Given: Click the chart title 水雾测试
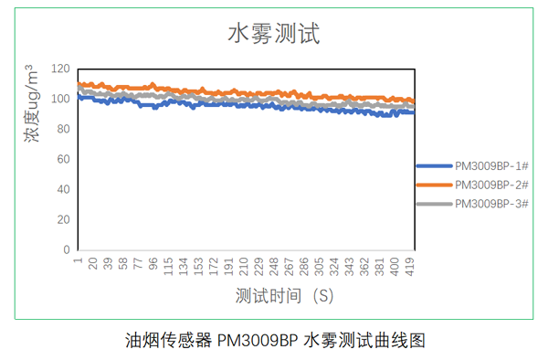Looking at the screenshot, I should (273, 35).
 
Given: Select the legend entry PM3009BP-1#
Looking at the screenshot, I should (492, 166).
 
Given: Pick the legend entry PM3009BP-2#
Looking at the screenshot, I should (492, 185).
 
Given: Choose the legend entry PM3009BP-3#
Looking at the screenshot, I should (492, 203).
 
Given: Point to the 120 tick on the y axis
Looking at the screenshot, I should (61, 69).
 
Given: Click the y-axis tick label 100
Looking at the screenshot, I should (61, 99).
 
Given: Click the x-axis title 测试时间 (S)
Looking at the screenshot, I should (284, 296).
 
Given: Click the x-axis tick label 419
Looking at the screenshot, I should (411, 266).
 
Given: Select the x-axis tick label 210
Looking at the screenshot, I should (244, 266).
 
